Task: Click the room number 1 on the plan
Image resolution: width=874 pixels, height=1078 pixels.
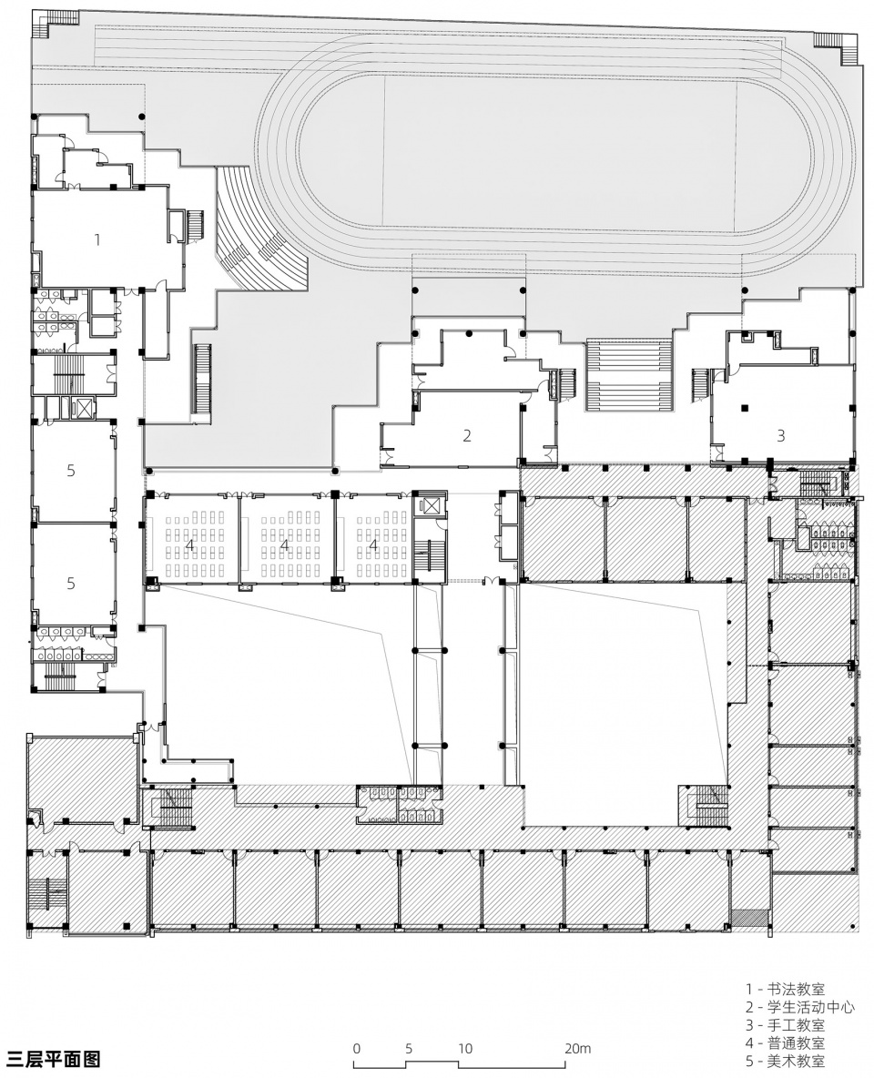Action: [x=97, y=240]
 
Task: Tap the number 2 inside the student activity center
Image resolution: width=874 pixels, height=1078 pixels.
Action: [x=467, y=435]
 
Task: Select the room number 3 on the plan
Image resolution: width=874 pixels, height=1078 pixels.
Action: [x=780, y=435]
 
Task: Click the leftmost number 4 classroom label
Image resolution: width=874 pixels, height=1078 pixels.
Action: [x=189, y=544]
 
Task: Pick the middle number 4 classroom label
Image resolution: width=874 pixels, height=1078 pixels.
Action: [x=285, y=544]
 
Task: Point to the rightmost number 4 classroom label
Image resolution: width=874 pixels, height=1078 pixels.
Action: [x=373, y=544]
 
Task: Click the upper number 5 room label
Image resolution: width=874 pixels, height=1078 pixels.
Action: [x=71, y=471]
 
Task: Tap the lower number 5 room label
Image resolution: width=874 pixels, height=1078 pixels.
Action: [x=71, y=583]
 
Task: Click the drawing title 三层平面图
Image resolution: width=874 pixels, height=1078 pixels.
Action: [x=53, y=1058]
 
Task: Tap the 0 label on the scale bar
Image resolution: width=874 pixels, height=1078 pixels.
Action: [x=356, y=1049]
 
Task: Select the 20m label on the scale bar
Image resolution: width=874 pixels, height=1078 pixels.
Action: [x=577, y=1049]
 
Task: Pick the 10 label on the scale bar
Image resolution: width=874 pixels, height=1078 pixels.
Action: [x=465, y=1049]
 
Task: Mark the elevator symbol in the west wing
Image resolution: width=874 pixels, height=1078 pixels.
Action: [x=83, y=408]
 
